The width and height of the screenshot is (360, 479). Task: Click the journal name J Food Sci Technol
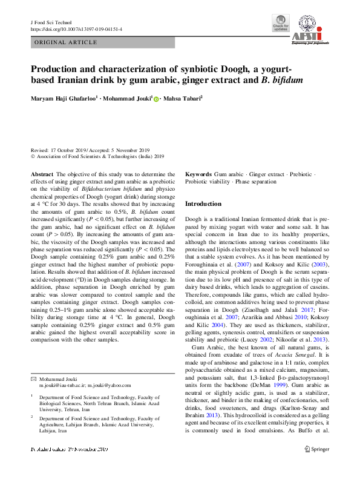pos(51,21)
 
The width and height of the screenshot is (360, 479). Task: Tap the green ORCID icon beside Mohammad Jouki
pos(156,99)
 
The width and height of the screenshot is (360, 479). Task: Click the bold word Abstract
pos(42,174)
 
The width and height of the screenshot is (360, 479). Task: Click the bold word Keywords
pos(198,174)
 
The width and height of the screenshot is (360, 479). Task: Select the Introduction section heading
pos(203,204)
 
